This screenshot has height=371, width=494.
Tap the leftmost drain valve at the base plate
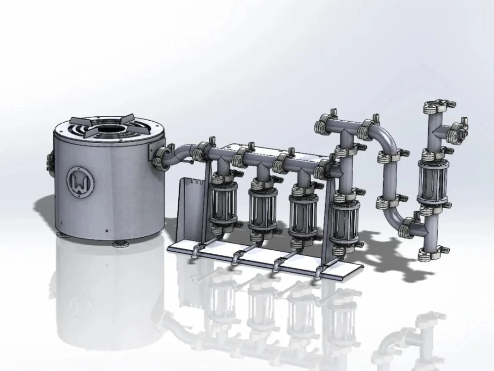(x=196, y=252)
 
